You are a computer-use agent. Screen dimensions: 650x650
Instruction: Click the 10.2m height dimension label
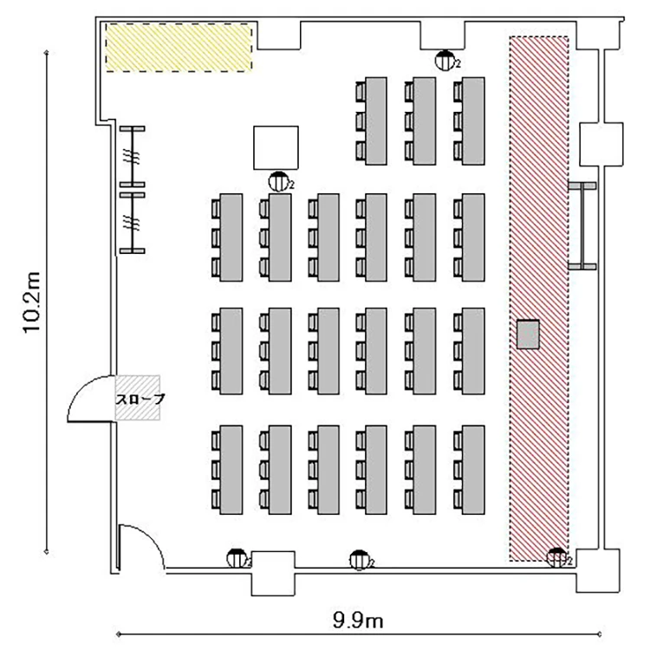[x=31, y=302]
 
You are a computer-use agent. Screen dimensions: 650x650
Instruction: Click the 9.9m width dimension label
[x=358, y=621]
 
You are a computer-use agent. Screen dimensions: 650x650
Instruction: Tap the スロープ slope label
[x=140, y=400]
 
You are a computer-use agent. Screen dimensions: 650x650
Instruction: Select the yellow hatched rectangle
[x=179, y=48]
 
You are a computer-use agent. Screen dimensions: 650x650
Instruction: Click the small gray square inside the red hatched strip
[x=528, y=335]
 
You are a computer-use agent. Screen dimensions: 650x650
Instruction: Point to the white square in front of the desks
[x=276, y=147]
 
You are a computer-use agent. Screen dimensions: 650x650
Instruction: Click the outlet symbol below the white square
[x=278, y=182]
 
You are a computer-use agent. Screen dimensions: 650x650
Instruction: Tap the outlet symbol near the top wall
[x=445, y=61]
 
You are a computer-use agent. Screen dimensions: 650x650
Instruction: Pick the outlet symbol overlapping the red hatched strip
[x=556, y=557]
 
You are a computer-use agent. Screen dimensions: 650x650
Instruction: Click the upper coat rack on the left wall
[x=133, y=157]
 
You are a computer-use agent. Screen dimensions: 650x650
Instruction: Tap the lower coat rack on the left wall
[x=133, y=223]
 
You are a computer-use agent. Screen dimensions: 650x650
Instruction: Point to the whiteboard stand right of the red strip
[x=582, y=226]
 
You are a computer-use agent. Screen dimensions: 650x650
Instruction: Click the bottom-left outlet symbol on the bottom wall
[x=237, y=558]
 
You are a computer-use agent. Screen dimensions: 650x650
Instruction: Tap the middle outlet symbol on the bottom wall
[x=360, y=560]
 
